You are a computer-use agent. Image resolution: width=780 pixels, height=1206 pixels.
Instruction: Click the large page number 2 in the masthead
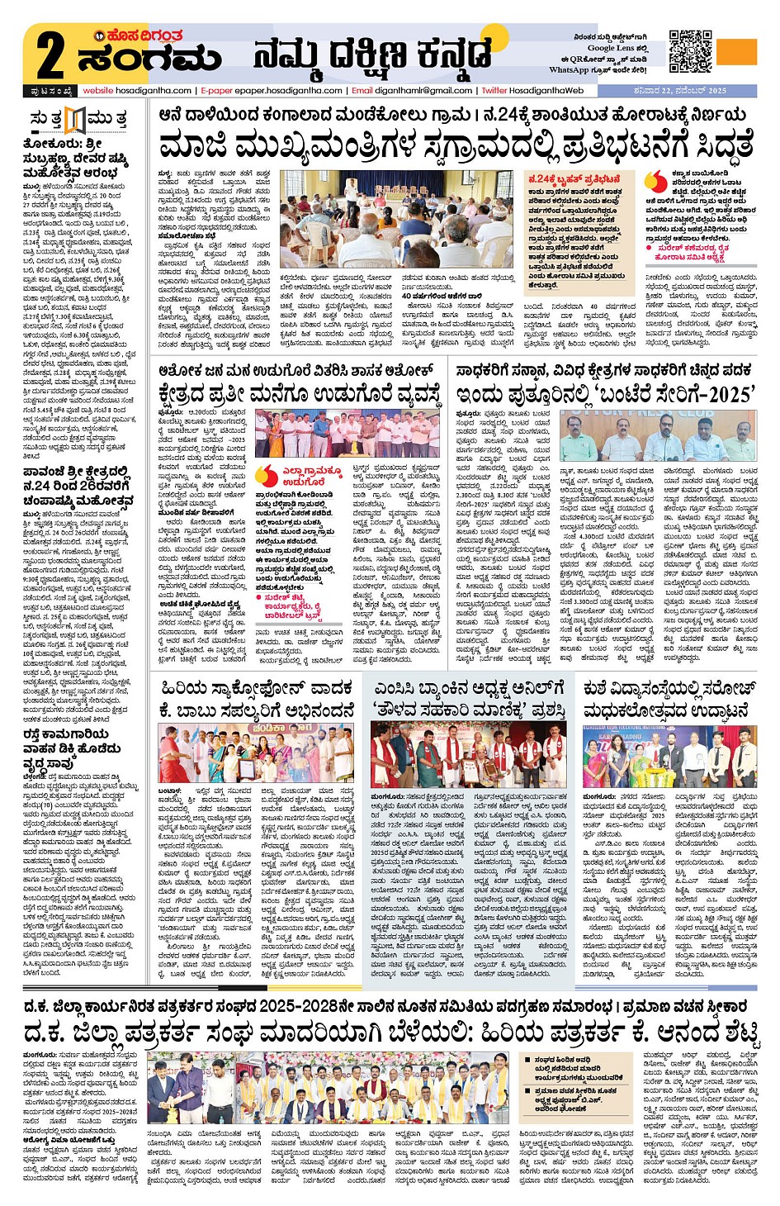(50, 55)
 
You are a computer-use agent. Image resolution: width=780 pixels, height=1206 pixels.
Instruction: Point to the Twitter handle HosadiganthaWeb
(546, 91)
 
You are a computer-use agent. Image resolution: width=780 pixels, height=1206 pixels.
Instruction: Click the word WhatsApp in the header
(569, 70)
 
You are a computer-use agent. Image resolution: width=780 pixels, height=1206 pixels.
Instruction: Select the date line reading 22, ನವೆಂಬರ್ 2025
(693, 91)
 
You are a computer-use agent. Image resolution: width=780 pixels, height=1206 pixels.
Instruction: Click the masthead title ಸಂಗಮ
(149, 59)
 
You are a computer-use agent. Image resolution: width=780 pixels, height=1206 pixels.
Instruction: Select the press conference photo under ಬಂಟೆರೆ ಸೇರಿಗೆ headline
(657, 436)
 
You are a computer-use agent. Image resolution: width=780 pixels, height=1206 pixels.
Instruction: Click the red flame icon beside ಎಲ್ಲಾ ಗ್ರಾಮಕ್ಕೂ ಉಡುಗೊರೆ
(266, 474)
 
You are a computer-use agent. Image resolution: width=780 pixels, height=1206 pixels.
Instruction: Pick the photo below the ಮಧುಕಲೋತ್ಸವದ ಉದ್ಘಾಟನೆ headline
(669, 756)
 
